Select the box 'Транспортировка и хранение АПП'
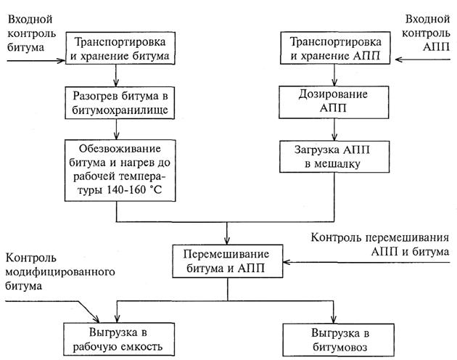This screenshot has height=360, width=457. click(334, 47)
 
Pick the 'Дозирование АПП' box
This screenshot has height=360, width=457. click(334, 101)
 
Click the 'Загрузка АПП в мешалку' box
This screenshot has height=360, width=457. click(334, 156)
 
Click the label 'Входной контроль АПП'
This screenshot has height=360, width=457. click(432, 26)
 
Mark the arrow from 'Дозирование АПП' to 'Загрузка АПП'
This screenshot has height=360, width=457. click(334, 128)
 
